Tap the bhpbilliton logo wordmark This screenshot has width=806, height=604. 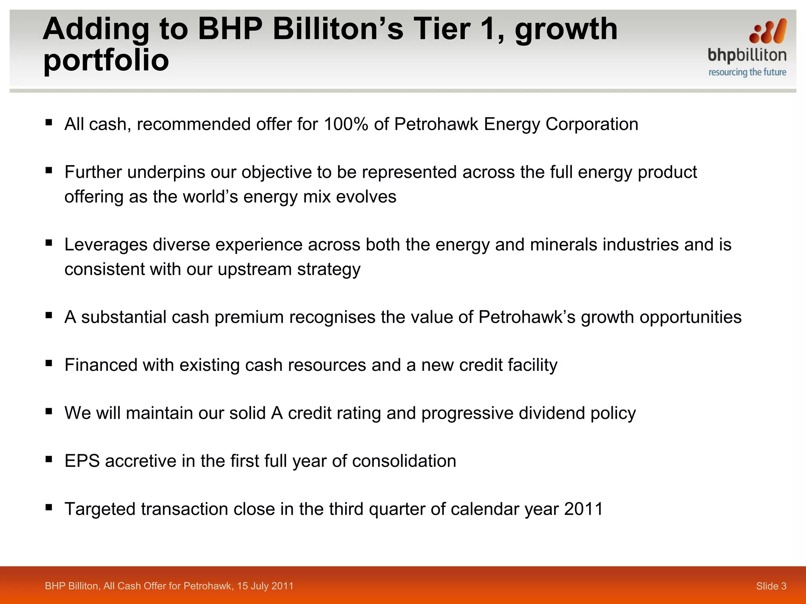point(747,55)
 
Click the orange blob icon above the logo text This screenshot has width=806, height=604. point(768,31)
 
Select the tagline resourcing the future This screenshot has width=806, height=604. point(747,72)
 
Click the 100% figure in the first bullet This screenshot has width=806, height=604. point(346,124)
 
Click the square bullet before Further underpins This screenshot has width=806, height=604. point(49,170)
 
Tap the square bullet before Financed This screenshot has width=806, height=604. point(49,363)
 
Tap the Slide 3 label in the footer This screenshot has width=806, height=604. point(771,586)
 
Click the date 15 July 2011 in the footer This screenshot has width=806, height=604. point(265,586)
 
